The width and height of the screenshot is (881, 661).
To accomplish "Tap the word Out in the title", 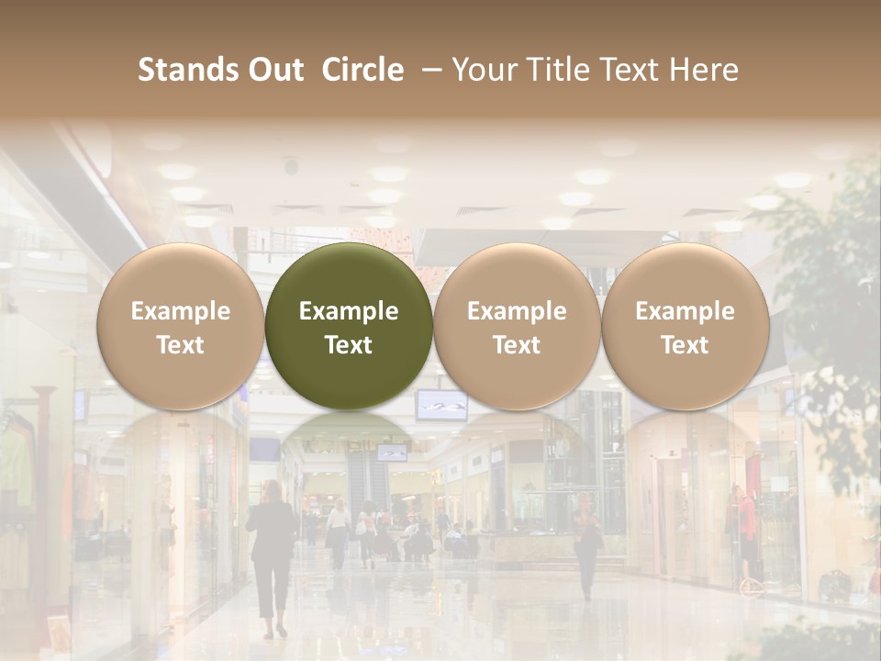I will (273, 70).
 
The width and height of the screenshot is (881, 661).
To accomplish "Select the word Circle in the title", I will (362, 70).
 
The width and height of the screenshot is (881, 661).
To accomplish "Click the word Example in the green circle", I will (349, 311).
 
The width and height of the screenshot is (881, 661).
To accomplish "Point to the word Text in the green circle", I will (349, 345).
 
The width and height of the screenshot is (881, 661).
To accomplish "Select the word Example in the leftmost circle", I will (180, 311).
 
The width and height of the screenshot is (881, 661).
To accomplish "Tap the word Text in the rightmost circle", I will (685, 345).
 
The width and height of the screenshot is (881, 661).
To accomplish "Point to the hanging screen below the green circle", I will (441, 403).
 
